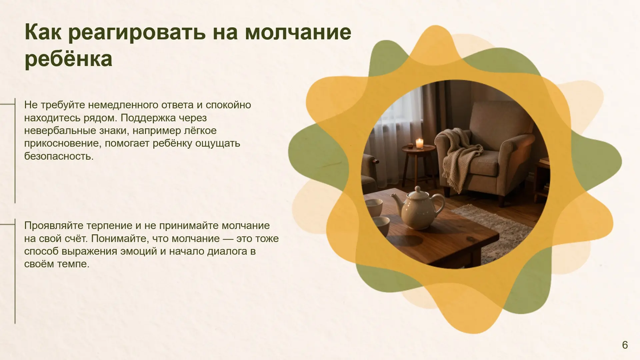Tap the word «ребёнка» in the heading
tap(68, 59)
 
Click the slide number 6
tap(625, 345)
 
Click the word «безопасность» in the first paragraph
tap(59, 156)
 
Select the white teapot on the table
tap(418, 208)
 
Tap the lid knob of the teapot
tap(417, 189)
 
